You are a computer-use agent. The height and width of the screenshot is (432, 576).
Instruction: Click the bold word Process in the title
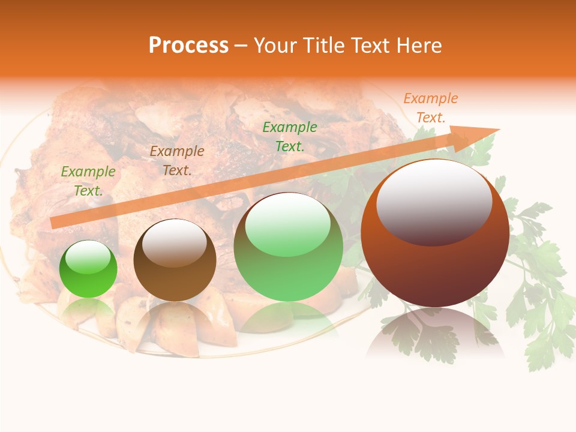click(x=188, y=46)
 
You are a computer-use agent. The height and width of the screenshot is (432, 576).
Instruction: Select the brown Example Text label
click(x=177, y=161)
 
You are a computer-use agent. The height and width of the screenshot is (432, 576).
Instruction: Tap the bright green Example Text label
click(x=290, y=137)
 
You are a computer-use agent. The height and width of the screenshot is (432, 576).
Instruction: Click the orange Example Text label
click(x=430, y=108)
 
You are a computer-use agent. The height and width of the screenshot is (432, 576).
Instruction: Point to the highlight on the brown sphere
click(x=174, y=242)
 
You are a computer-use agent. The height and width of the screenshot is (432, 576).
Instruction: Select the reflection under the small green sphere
click(x=88, y=309)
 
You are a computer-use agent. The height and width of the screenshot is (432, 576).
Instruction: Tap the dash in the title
click(x=241, y=46)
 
